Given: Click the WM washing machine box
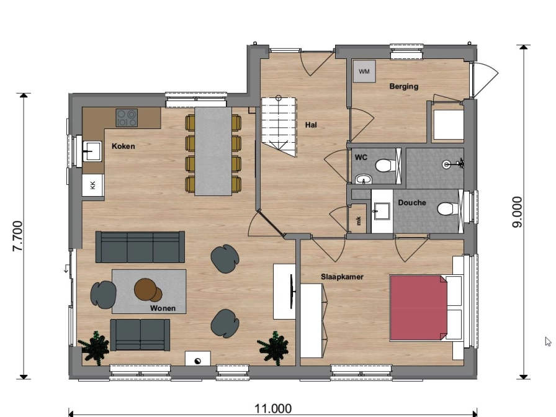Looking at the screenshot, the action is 364,71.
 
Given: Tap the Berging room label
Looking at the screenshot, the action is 403,86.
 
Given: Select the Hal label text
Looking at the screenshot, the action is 311,125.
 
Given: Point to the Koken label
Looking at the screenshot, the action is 123,146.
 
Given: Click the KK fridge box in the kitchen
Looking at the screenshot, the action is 93,185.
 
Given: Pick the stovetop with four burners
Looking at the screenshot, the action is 127,118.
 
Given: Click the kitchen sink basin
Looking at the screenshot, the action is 92,151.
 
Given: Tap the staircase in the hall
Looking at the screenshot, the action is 279,126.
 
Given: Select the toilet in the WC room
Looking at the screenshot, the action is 384,165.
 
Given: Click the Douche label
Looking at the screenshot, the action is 411,202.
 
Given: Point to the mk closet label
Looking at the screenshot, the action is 359,220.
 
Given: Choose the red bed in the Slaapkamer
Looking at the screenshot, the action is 419,308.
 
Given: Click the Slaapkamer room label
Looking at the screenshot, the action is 342,277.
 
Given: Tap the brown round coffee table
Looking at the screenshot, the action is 148,290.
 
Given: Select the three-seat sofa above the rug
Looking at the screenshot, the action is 140,247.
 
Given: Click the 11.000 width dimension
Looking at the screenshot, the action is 273,409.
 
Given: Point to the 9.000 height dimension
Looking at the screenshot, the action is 518,212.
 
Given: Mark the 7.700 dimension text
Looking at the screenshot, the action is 17,236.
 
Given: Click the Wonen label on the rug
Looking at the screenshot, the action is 163,308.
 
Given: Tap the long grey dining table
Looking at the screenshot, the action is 213,151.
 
